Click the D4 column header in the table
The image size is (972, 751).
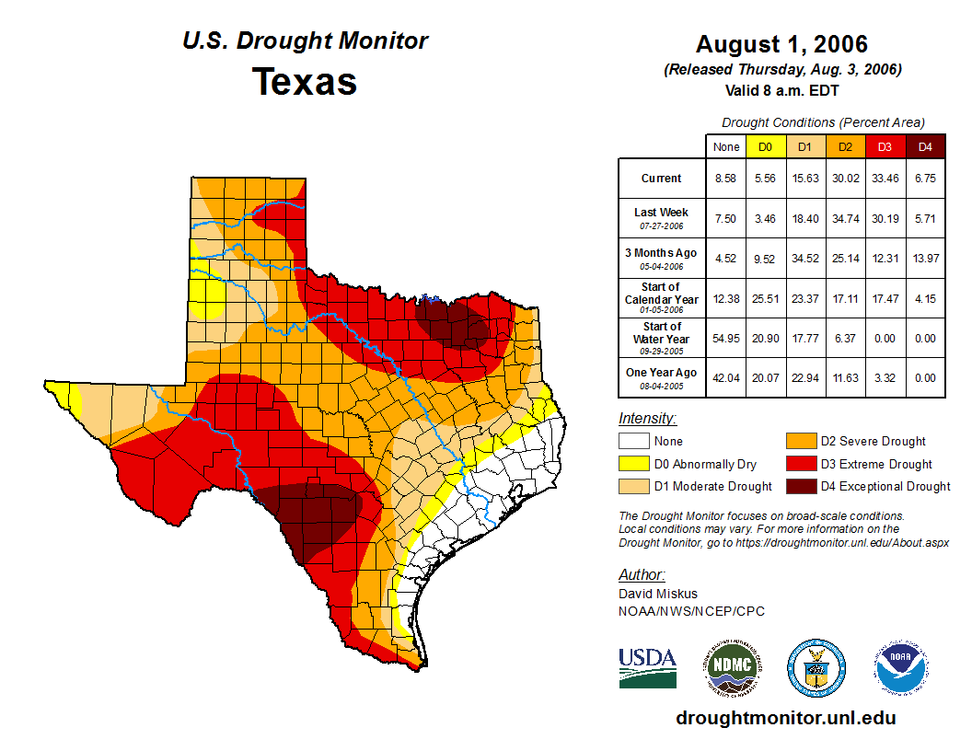(925, 147)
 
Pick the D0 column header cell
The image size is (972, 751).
(765, 147)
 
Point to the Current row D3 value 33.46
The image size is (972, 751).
(885, 179)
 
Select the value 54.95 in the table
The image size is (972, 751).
(726, 338)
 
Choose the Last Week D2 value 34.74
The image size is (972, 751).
(845, 218)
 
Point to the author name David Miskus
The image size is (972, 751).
(658, 594)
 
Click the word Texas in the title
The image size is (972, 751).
(305, 81)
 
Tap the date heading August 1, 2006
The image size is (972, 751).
(781, 44)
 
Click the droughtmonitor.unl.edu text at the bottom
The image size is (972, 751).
(785, 718)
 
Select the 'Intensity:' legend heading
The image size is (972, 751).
(647, 419)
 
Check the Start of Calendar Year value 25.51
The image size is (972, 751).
(765, 298)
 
